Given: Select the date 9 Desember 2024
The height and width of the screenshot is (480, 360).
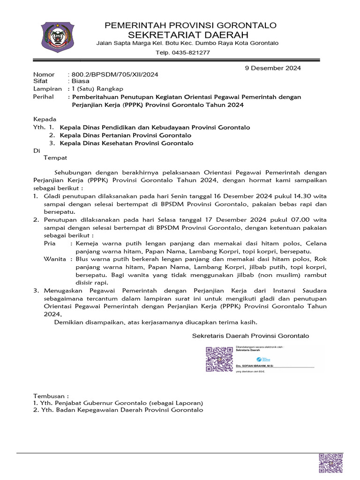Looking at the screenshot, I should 273,68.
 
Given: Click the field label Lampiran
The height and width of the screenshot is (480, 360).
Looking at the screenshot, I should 47,89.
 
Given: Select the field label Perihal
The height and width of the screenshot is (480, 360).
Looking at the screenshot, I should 44,97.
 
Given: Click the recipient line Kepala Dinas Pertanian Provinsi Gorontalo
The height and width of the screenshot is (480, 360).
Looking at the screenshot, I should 126,135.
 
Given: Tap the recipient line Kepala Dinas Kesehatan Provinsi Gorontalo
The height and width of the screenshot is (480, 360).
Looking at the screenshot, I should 127,143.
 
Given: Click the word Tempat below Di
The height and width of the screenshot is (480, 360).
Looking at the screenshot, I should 56,158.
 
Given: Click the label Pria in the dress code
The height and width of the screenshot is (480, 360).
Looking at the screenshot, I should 50,243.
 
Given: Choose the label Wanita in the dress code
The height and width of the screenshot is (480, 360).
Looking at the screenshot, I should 54,259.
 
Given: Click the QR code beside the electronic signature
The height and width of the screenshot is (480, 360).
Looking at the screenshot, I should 219,359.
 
